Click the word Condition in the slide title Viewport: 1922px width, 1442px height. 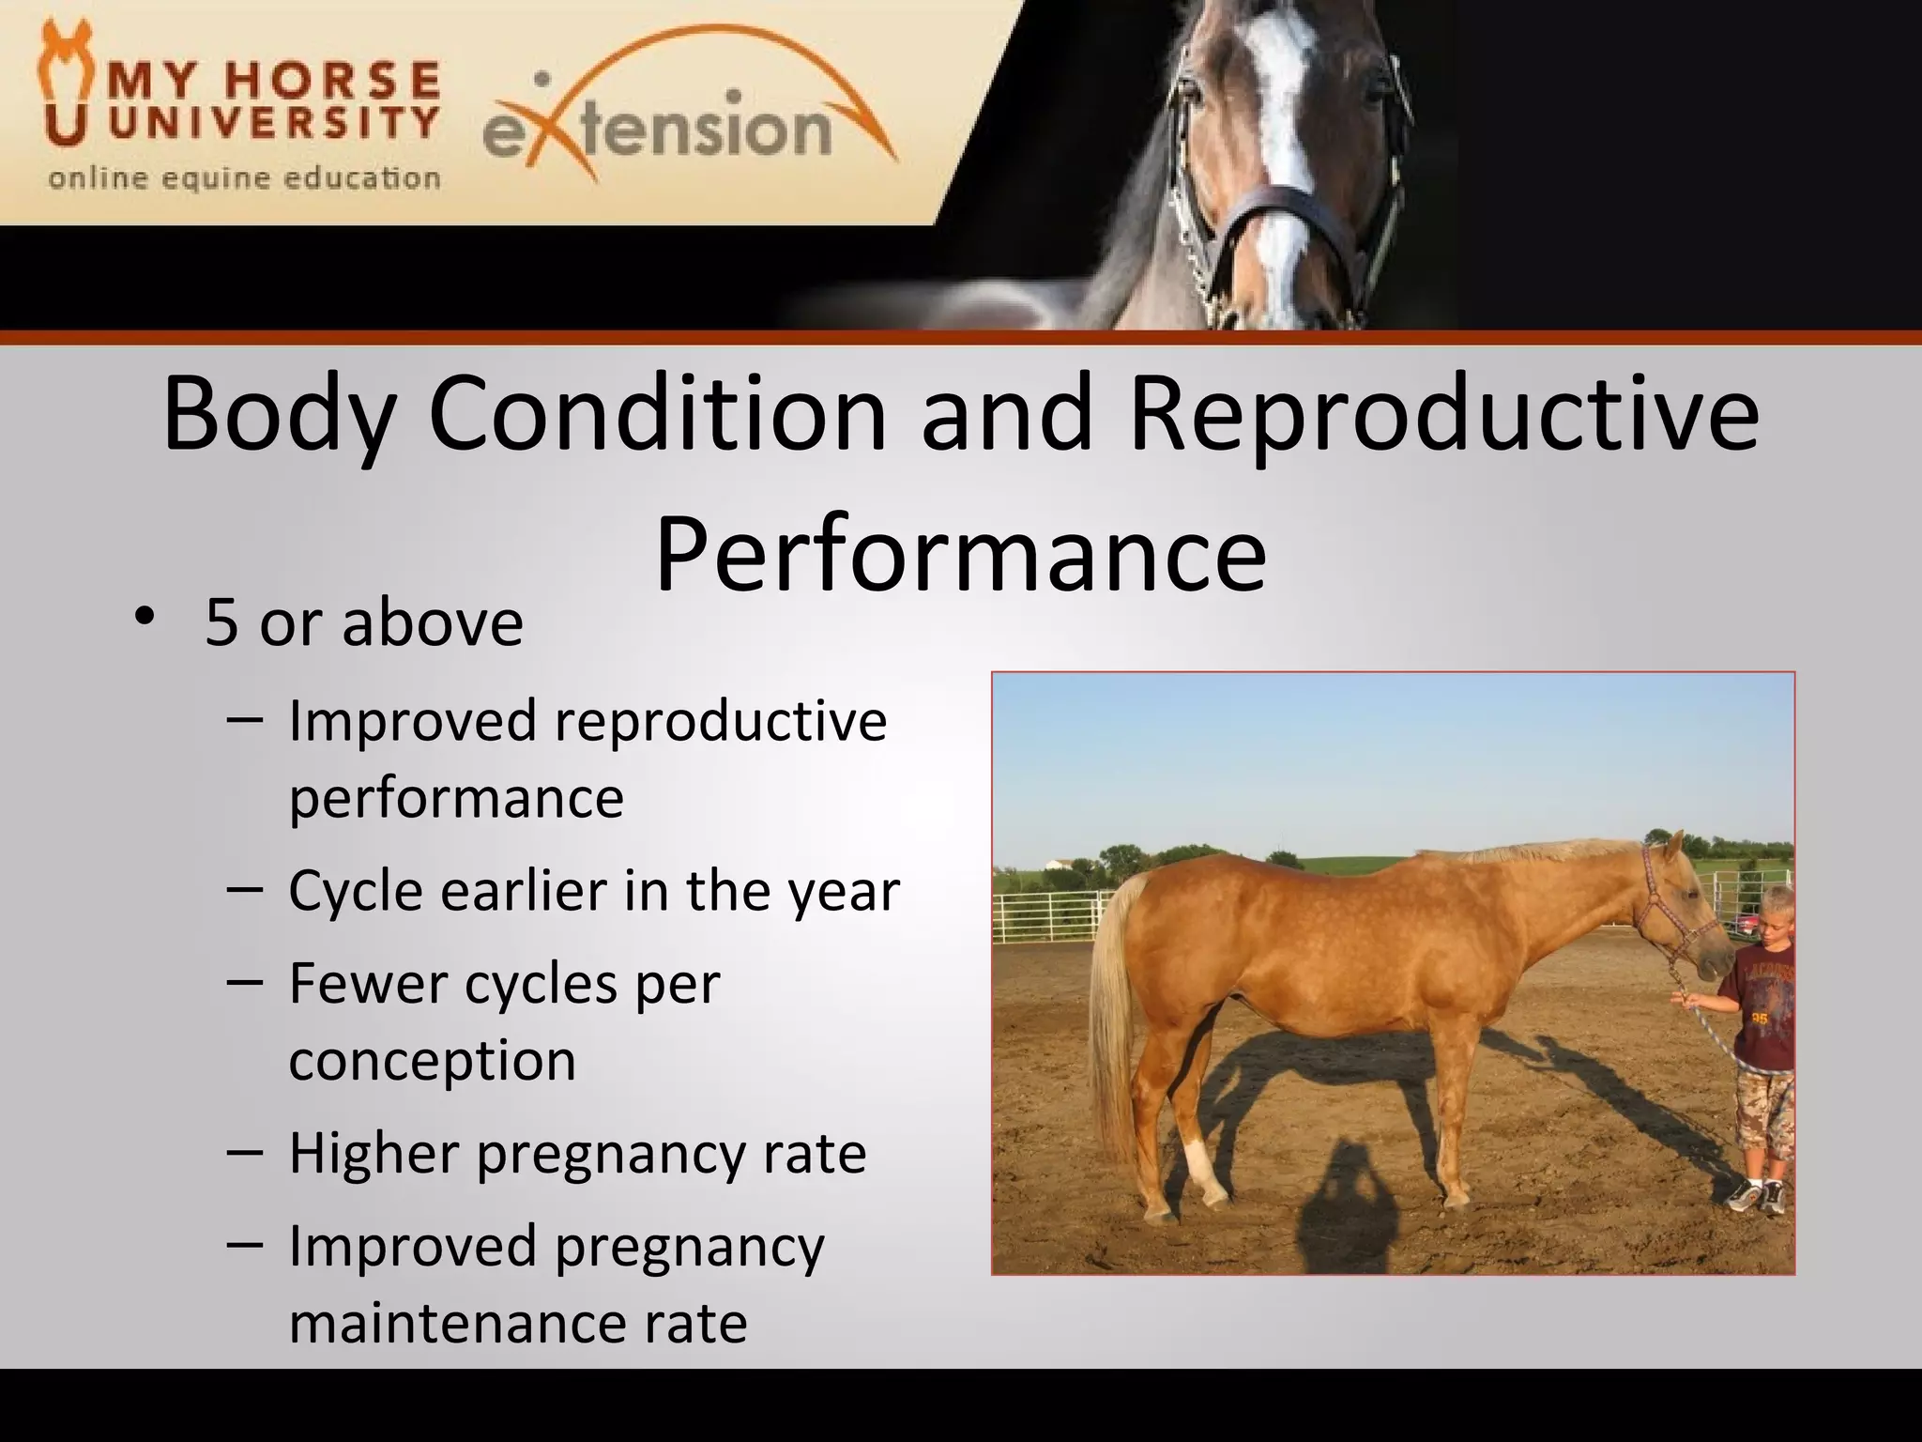[x=657, y=414]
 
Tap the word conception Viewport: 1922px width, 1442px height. [x=432, y=1060]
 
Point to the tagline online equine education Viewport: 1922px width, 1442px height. [x=244, y=178]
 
